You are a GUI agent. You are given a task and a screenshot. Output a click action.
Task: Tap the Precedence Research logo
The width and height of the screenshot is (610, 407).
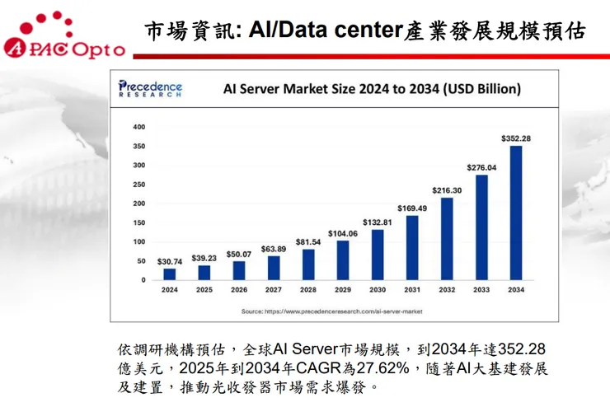[150, 88]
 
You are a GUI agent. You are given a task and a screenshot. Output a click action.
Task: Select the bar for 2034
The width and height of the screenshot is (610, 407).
[516, 213]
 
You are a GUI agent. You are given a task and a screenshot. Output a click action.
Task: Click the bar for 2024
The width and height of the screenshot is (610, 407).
[170, 274]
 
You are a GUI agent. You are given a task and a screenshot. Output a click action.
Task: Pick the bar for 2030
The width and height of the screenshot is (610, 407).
[378, 255]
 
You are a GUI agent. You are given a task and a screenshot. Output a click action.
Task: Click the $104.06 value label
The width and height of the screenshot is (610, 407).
[343, 233]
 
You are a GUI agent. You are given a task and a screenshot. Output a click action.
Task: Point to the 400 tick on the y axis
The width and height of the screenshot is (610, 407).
[138, 127]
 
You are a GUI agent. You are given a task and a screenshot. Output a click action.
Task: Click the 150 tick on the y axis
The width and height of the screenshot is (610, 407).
[138, 222]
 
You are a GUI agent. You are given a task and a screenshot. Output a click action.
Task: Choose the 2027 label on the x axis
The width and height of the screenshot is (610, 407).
[274, 290]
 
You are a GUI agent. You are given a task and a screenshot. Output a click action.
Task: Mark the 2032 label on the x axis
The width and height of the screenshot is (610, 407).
[447, 290]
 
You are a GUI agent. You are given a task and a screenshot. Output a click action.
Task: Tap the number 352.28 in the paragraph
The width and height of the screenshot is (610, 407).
[518, 349]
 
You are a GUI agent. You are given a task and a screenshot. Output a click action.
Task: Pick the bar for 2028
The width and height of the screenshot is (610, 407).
[308, 264]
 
